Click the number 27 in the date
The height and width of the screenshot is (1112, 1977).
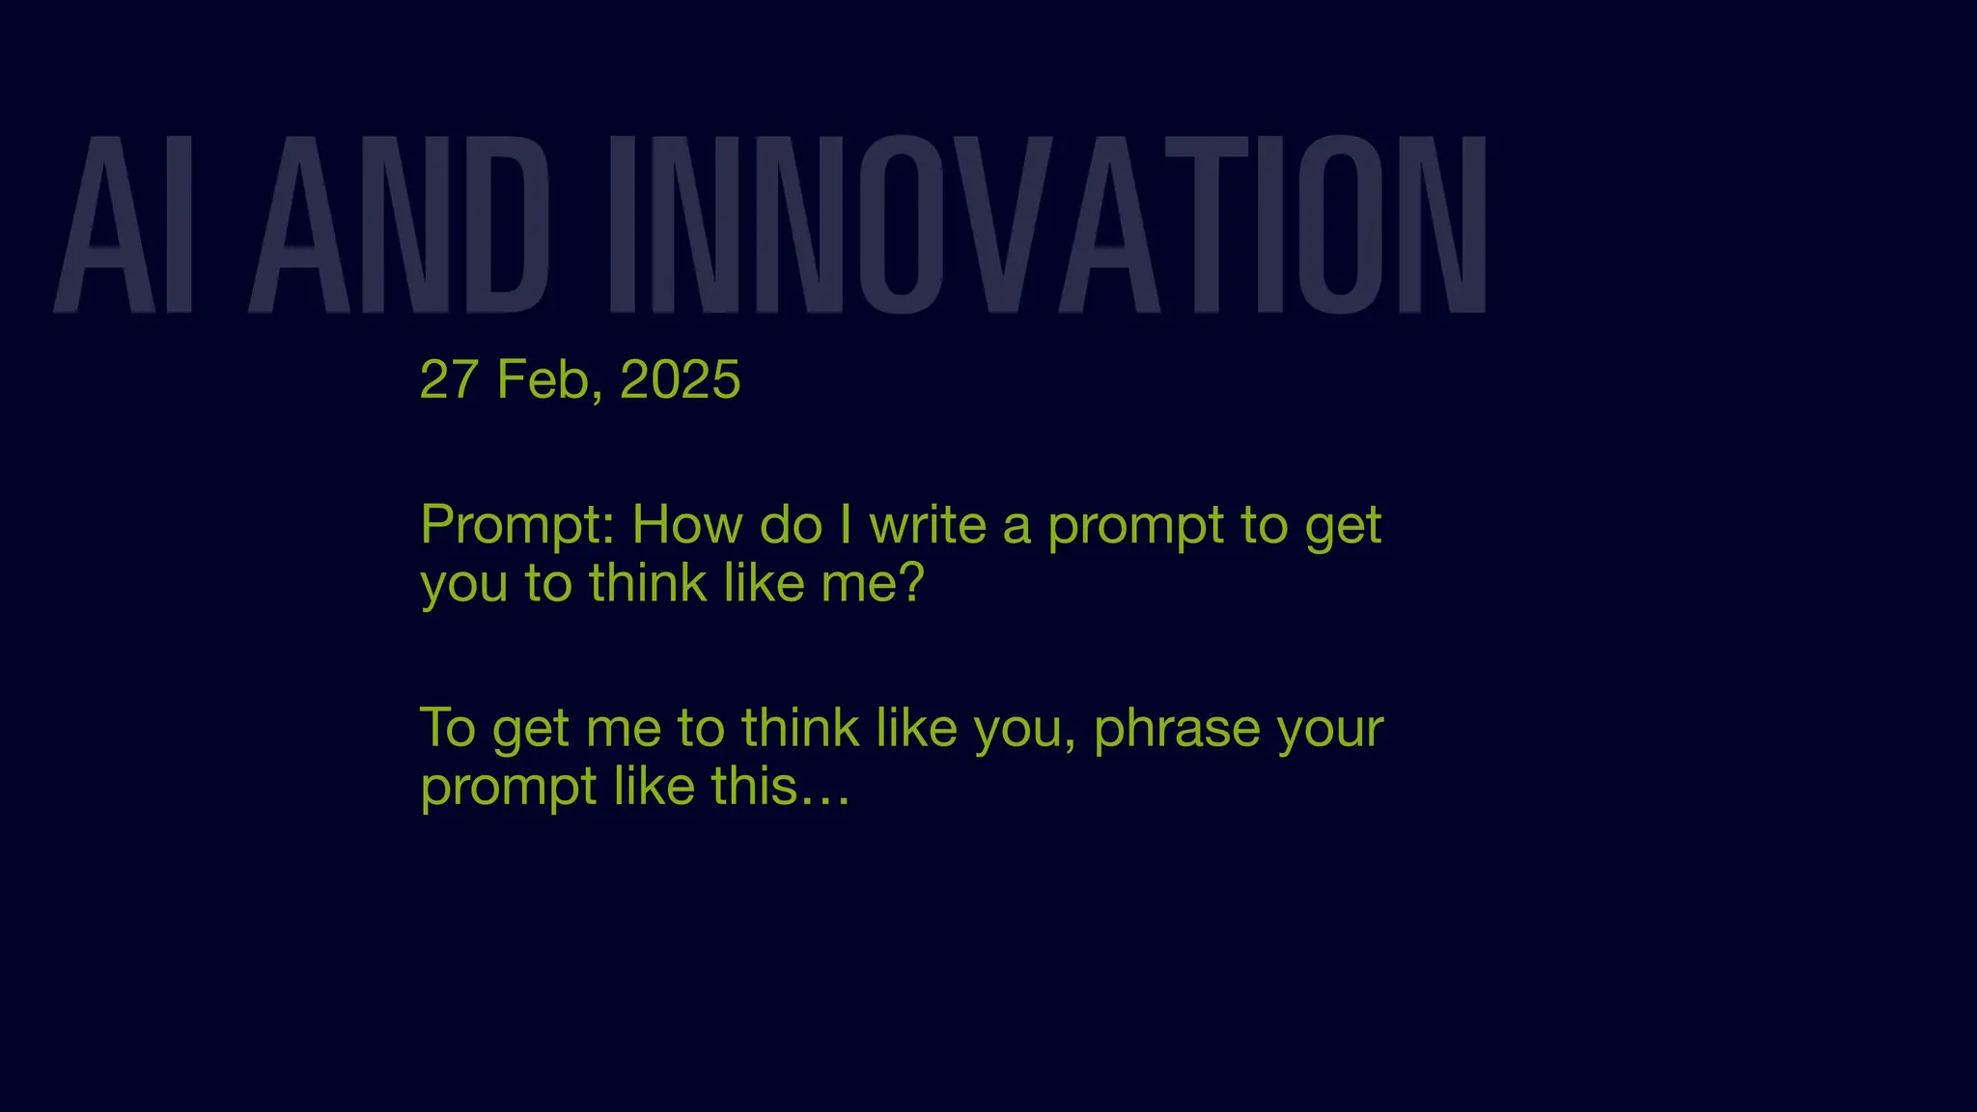449,379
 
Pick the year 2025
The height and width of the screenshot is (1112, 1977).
680,379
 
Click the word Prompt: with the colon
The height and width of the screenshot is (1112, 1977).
517,527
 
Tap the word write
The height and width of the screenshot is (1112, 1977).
928,525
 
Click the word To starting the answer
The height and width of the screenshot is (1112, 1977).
448,728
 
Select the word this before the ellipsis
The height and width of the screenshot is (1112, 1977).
754,787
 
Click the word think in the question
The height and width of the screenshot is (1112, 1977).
648,583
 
